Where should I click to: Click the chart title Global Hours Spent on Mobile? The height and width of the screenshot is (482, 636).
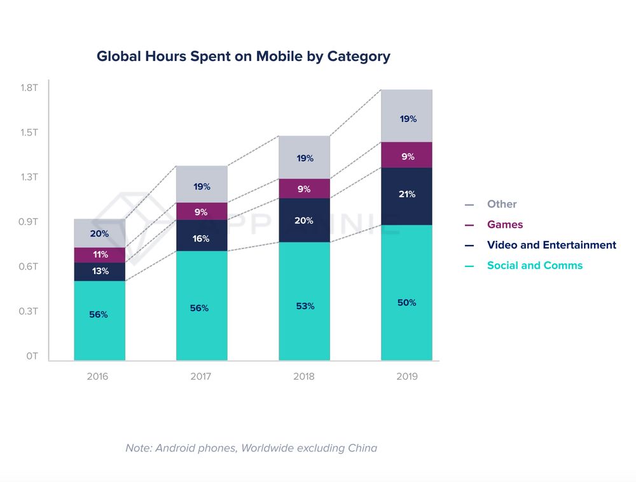[x=243, y=56]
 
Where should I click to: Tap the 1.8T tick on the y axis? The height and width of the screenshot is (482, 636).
[x=30, y=87]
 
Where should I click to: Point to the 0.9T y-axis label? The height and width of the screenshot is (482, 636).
[x=30, y=222]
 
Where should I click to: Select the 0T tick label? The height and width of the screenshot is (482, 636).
[x=32, y=356]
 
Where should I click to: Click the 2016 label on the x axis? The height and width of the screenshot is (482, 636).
[x=98, y=376]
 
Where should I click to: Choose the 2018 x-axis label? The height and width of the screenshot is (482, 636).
[x=304, y=376]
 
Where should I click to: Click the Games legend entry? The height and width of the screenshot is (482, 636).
[x=505, y=224]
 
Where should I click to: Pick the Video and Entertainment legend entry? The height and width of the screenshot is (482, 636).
[x=551, y=245]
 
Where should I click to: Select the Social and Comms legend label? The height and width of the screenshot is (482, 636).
[x=534, y=265]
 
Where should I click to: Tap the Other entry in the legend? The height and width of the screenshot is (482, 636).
[x=502, y=204]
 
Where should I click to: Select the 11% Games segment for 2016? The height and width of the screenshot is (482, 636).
[x=100, y=255]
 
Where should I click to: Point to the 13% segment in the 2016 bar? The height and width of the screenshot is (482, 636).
[x=100, y=272]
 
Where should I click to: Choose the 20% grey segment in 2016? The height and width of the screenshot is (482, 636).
[x=100, y=233]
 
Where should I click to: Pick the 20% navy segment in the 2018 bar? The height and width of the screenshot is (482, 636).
[x=305, y=220]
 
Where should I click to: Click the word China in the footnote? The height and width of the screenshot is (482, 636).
[x=363, y=448]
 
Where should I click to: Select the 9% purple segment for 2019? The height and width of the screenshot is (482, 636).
[x=407, y=155]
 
